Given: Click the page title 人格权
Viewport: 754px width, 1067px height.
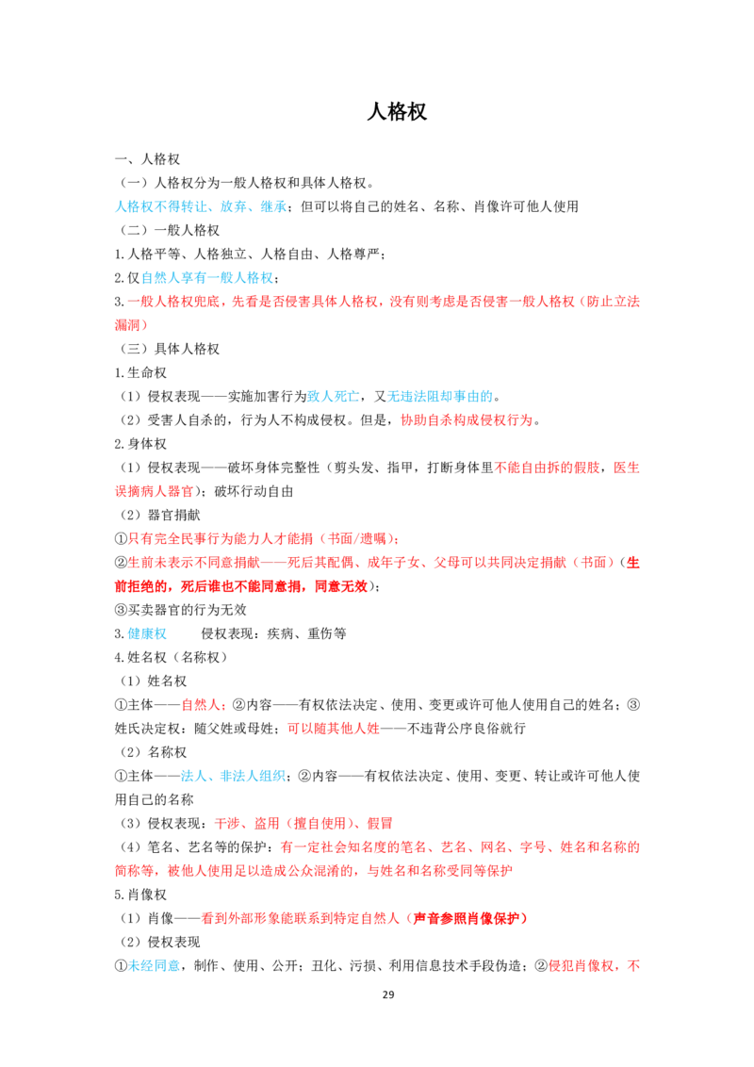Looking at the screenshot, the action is coord(397,111).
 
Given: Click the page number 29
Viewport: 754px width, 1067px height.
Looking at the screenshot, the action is coord(388,994).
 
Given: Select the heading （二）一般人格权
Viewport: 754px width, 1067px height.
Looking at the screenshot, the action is coord(168,231).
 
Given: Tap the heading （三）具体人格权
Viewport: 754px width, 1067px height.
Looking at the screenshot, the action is coord(168,349).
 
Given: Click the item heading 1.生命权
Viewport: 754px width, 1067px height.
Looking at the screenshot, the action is coord(140,373).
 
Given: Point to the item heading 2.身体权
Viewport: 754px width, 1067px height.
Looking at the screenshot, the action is coord(140,444).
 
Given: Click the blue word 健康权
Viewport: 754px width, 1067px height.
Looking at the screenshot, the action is coord(147,634).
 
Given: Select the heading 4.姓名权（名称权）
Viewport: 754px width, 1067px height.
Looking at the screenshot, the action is coord(171,658).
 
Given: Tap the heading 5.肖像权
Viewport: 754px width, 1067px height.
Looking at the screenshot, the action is coord(140,895).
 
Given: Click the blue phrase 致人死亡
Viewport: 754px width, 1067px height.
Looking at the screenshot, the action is coord(334,397).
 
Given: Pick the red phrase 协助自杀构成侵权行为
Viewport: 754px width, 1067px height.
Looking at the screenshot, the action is coord(467,420).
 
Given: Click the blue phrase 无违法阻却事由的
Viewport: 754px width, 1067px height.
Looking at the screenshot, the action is coord(440,397).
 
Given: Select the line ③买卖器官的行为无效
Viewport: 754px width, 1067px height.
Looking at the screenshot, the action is coord(180,611).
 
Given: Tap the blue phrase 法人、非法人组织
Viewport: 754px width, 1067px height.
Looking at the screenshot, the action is coord(233,777).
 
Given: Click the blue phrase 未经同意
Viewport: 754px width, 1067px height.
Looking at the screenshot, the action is coord(155,966).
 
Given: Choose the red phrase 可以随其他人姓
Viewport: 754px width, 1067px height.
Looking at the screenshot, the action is coord(334,729).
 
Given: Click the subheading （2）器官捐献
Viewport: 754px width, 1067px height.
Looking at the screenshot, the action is coord(160,516).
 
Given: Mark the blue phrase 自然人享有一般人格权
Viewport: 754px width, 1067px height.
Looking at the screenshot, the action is coord(206,278).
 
